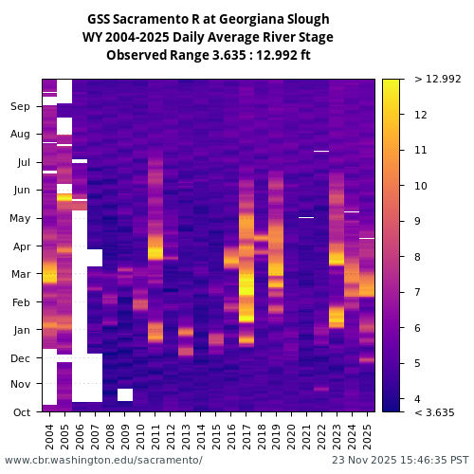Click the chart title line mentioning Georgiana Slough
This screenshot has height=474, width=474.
208,19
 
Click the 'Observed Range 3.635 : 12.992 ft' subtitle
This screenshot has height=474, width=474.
208,55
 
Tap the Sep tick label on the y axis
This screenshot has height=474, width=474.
21,107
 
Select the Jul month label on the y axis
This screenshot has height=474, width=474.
23,163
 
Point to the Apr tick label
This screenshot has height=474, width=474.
21,246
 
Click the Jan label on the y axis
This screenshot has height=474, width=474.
22,331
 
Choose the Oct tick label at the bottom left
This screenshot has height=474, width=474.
21,412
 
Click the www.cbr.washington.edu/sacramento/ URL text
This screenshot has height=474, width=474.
103,460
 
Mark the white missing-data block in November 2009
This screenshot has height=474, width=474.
125,394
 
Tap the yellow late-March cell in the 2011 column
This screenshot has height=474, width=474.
155,253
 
